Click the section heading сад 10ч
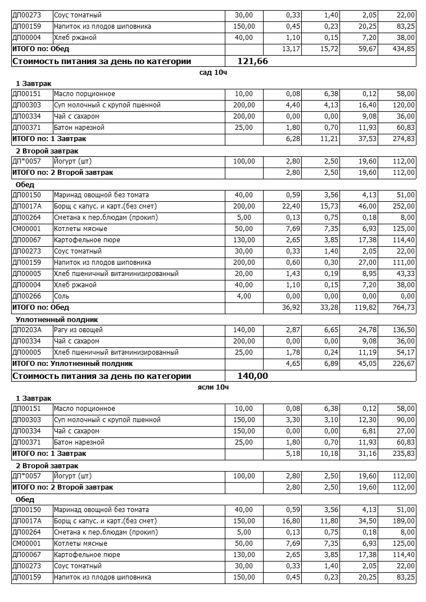(x=213, y=73)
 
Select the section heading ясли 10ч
(x=213, y=387)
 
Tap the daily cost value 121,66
(x=253, y=61)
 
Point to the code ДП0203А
(x=27, y=330)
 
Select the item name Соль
(x=62, y=296)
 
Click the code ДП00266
(x=27, y=296)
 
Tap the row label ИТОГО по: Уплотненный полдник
(x=68, y=364)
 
